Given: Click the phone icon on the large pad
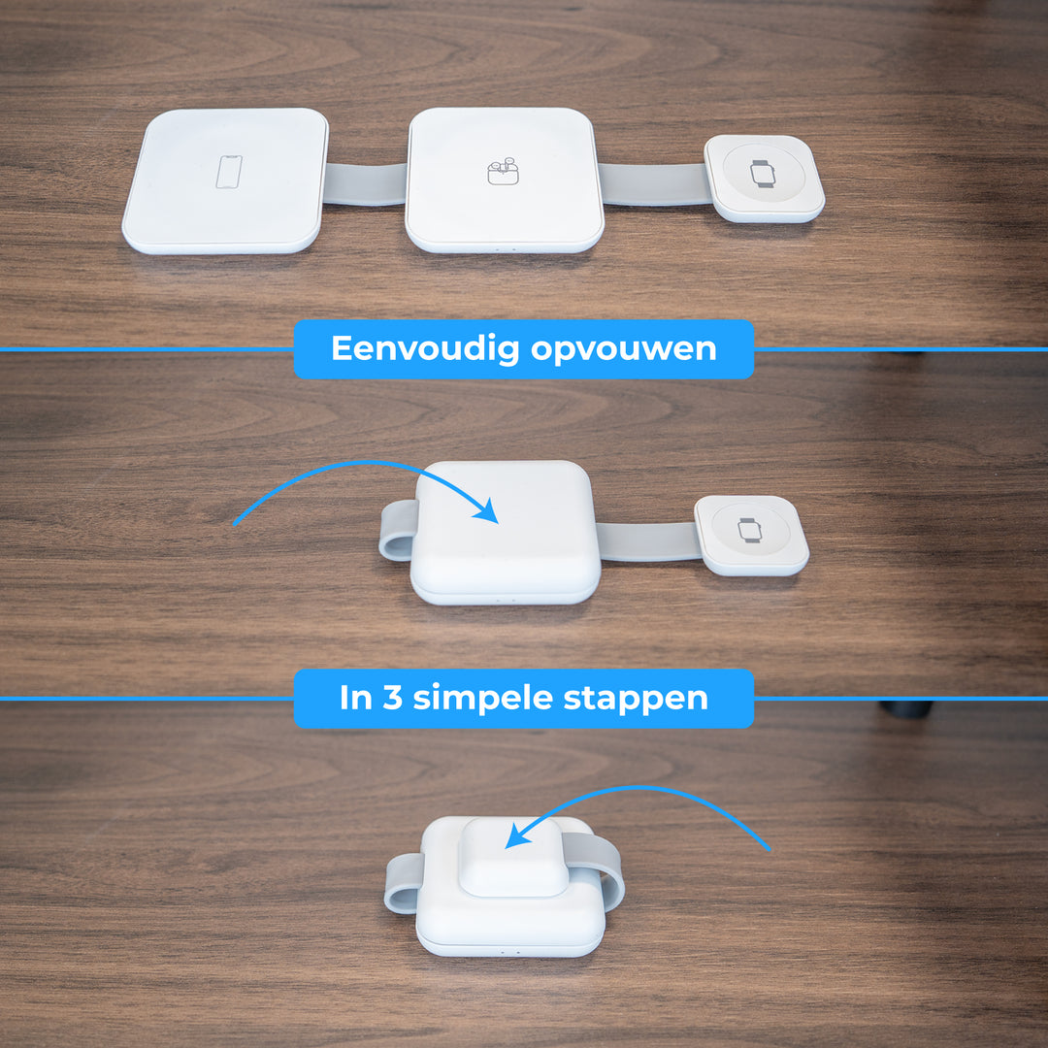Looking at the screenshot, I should (x=229, y=173).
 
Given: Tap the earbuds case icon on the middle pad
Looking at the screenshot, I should (x=500, y=172).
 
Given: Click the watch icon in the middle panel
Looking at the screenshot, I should (x=749, y=529).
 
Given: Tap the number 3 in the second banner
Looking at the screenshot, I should (x=393, y=698).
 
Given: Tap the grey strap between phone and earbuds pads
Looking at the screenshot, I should (x=365, y=183).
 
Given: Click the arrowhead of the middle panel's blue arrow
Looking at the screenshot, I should (x=486, y=511).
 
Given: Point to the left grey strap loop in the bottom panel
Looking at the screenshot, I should (x=403, y=883).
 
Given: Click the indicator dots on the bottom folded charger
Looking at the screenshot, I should (x=508, y=950).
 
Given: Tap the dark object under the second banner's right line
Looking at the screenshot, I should (x=906, y=708).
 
